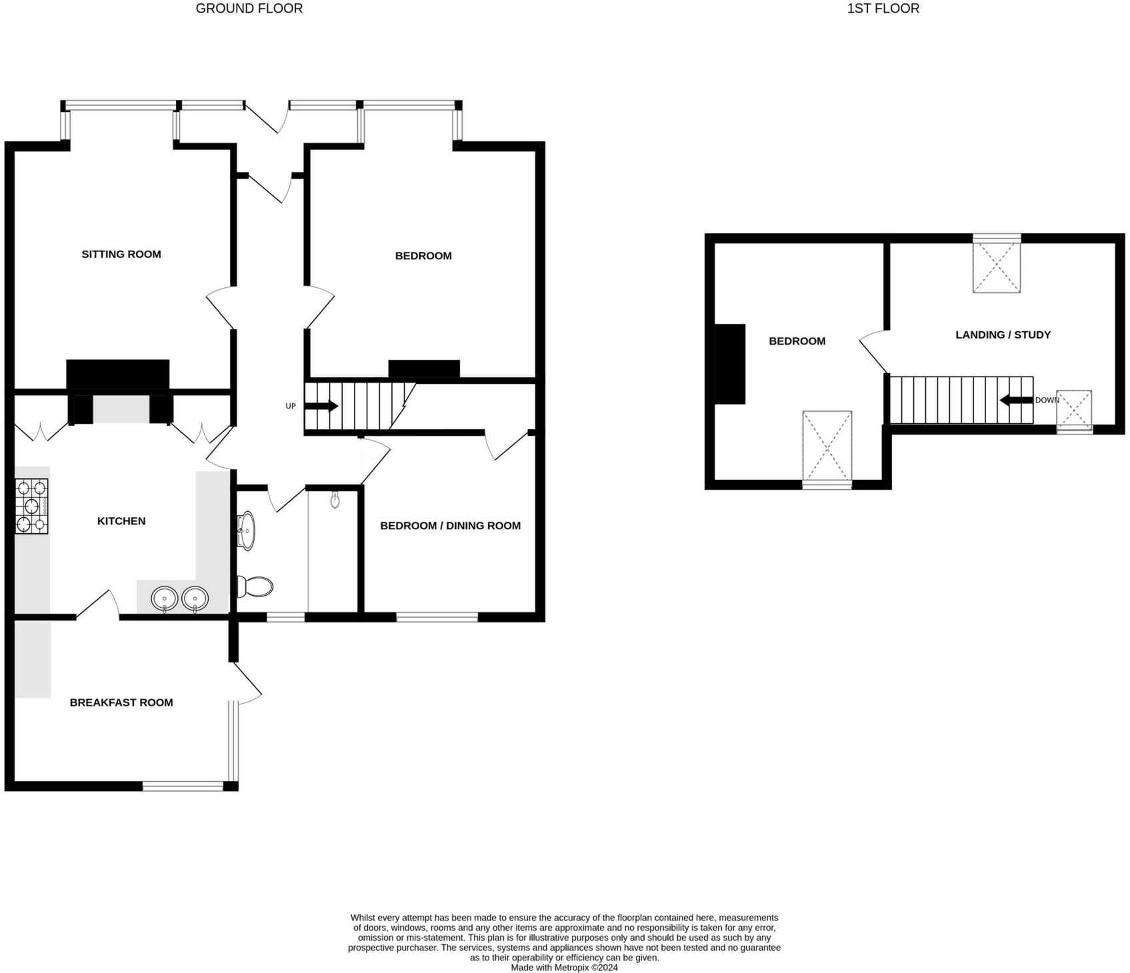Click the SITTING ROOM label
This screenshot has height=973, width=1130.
coord(121,254)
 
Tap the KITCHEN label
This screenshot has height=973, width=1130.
coord(121,521)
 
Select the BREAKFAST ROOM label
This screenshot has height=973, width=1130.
coord(121,702)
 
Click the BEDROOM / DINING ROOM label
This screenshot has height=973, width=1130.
coord(450,526)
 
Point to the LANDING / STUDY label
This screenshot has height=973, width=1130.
coord(1003,335)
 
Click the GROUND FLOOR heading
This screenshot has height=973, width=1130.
coord(249,9)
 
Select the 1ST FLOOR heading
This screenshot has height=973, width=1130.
coord(883,9)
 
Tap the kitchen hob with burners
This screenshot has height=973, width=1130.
coord(31,506)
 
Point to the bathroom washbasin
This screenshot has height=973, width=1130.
coord(247,530)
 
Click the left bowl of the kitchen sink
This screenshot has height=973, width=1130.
coord(164,598)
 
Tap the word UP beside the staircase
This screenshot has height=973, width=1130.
coord(291,406)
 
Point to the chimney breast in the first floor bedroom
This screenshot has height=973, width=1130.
coord(730,364)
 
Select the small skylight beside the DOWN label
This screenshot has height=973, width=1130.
coord(1073,409)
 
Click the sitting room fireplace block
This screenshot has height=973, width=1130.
coord(118,375)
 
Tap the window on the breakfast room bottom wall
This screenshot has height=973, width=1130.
coord(183,786)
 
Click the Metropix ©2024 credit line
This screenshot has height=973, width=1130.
coord(564,967)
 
